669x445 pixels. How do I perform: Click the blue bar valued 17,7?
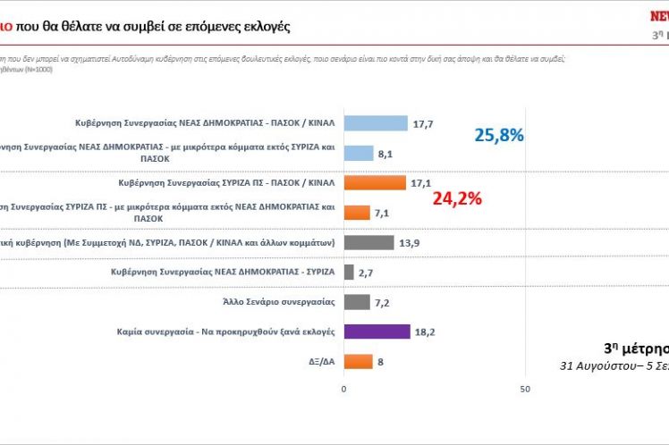(x=376, y=123)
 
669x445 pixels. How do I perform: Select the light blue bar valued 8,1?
(x=359, y=153)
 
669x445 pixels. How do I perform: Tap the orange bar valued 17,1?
(x=375, y=182)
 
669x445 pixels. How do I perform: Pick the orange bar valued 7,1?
(x=357, y=213)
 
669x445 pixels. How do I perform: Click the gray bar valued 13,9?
(x=368, y=242)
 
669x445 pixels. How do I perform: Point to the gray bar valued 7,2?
(x=357, y=302)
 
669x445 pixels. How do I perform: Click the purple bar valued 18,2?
(x=377, y=332)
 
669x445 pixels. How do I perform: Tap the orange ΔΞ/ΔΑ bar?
(x=359, y=361)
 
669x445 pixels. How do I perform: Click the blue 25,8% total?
(x=498, y=136)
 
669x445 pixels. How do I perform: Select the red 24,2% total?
(x=457, y=197)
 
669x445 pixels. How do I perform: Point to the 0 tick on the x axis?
(x=344, y=389)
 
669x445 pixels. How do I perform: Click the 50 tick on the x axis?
(x=525, y=389)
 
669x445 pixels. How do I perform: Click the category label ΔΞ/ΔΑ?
(x=320, y=362)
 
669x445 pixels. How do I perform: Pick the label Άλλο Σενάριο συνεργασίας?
(x=283, y=302)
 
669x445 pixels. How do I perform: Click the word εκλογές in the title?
(x=263, y=26)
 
